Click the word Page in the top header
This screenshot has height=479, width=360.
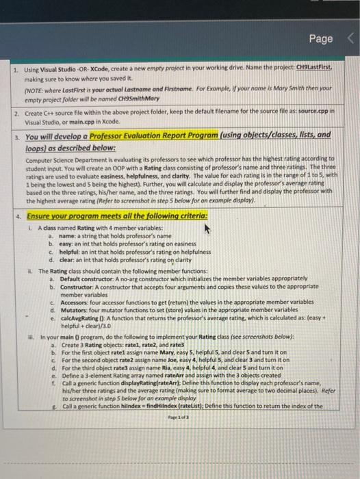[x=320, y=40]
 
